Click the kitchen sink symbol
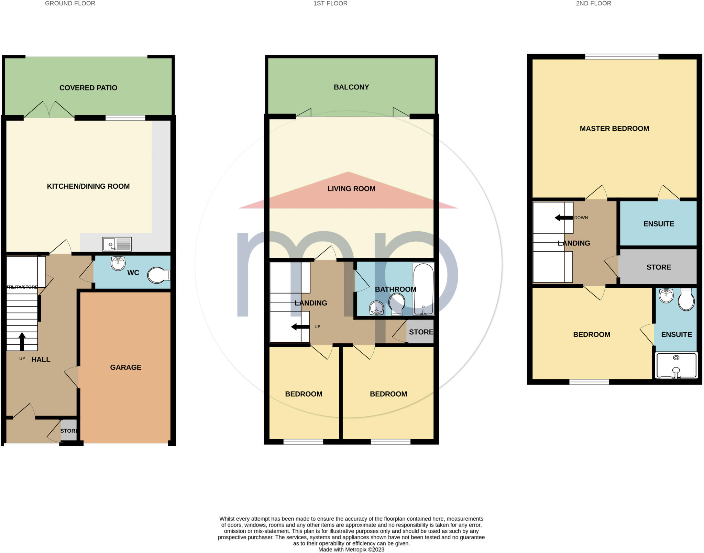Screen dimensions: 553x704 tap(117, 244)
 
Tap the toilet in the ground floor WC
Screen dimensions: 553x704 tap(158, 275)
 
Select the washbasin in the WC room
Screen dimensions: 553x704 tap(118, 263)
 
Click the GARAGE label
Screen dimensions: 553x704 tap(125, 367)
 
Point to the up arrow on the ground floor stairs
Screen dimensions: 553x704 tap(22, 341)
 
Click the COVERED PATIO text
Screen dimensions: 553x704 tap(88, 88)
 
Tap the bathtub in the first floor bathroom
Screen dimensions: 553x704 tap(423, 289)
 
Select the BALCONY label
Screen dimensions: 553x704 tap(351, 87)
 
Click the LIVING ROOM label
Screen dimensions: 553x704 tap(351, 188)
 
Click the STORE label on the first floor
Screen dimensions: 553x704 tap(421, 332)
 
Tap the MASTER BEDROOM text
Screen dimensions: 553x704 tap(614, 129)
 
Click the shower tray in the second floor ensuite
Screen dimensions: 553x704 tap(676, 366)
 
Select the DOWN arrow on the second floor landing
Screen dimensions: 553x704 tap(564, 218)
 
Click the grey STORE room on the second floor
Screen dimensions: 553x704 tap(658, 267)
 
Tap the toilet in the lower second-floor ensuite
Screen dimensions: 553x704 tap(686, 299)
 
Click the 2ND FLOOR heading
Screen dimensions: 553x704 tap(593, 3)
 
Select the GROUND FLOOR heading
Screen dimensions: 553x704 tap(70, 3)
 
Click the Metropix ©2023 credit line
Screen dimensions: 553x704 tap(351, 550)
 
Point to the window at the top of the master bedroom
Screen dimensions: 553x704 tap(621, 57)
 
